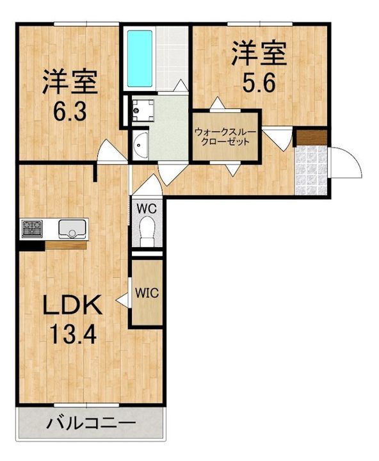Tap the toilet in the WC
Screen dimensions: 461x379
[x=148, y=231]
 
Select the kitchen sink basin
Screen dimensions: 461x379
[x=72, y=228]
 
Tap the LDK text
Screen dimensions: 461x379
[x=72, y=305]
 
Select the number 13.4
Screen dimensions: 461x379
[x=72, y=334]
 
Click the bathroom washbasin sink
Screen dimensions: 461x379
[x=140, y=145]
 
